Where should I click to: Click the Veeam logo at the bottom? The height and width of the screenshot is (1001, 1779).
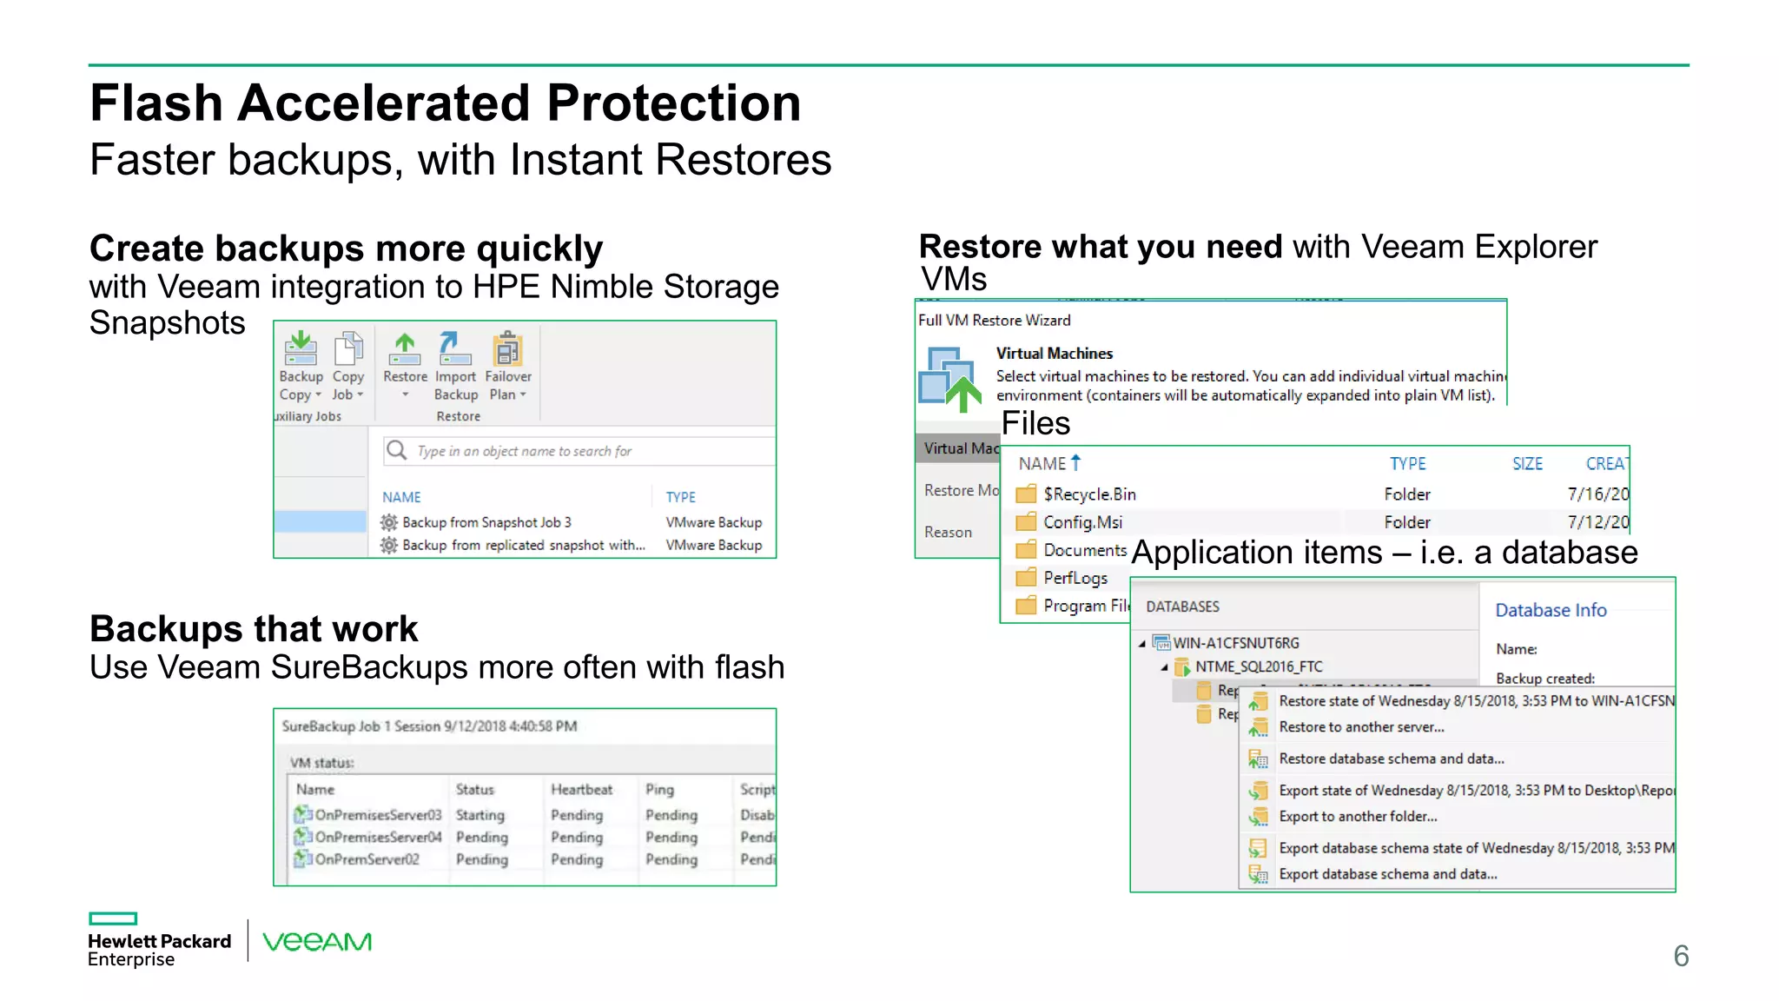click(x=317, y=942)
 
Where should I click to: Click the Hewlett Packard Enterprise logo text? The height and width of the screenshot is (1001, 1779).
click(x=159, y=950)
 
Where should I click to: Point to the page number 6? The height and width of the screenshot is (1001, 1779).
click(x=1681, y=956)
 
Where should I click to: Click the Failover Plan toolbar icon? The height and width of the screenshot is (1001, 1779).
click(x=507, y=350)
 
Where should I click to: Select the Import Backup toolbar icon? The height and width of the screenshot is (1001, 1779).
click(x=454, y=349)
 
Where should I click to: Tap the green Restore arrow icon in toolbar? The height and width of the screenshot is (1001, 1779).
click(x=405, y=348)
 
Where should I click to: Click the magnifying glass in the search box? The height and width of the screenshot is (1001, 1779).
click(x=397, y=450)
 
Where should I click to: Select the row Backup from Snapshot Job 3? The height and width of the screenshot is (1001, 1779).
click(x=486, y=522)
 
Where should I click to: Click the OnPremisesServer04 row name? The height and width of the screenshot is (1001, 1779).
click(x=378, y=837)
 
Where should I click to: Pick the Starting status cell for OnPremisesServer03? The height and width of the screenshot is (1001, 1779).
click(x=479, y=815)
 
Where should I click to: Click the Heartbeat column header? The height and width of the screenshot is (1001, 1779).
click(x=581, y=789)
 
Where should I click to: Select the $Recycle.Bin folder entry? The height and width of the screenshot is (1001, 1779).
click(x=1089, y=494)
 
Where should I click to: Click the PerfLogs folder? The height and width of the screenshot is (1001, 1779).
click(x=1075, y=578)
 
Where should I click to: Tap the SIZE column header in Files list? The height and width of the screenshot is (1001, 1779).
click(x=1527, y=464)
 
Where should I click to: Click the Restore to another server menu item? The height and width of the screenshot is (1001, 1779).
click(x=1361, y=727)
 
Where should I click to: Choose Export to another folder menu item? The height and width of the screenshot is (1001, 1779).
click(x=1358, y=817)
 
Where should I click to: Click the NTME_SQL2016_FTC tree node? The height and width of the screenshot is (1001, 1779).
click(x=1258, y=666)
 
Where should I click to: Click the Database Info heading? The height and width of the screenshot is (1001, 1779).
click(x=1551, y=610)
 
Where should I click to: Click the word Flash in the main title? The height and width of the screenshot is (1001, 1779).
click(x=156, y=103)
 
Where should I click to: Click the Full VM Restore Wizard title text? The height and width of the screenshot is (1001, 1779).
click(x=994, y=321)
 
